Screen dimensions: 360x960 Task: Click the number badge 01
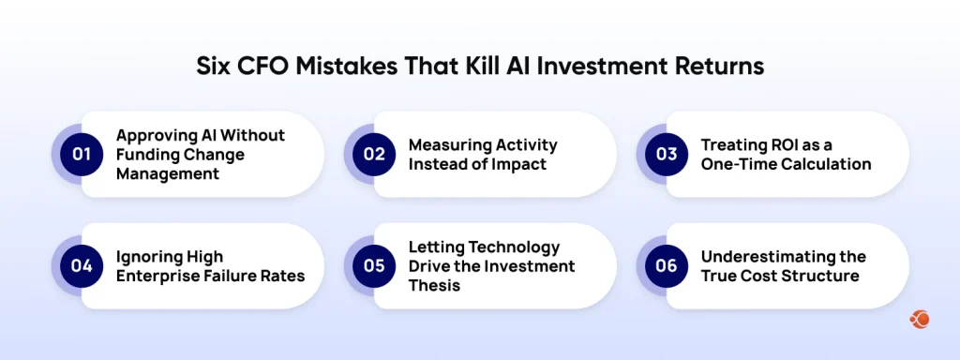tap(82, 155)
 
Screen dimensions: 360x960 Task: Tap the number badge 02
tap(374, 155)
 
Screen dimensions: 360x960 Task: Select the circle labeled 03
tap(667, 155)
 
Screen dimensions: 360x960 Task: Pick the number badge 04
tap(82, 265)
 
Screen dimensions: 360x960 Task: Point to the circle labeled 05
tap(374, 265)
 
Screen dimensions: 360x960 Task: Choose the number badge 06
tap(667, 265)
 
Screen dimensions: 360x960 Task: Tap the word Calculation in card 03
tap(825, 164)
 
